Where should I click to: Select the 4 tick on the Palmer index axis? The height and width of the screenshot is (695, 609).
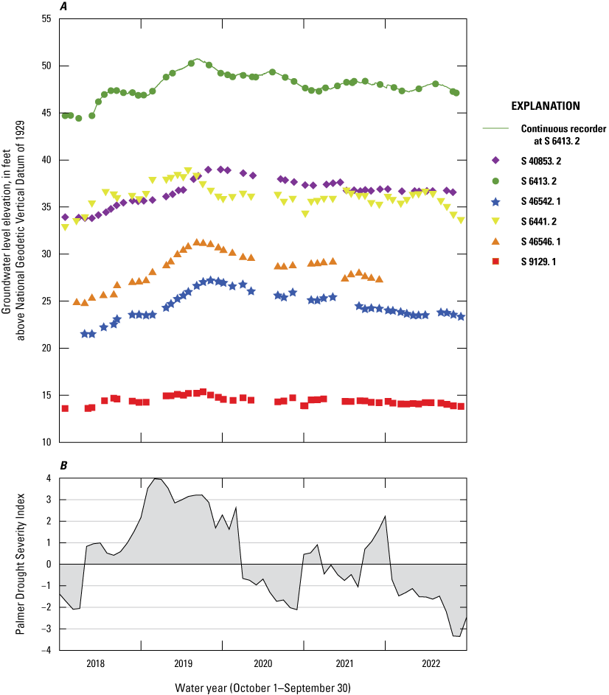[49, 478]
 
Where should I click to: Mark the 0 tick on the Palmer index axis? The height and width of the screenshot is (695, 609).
[49, 564]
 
